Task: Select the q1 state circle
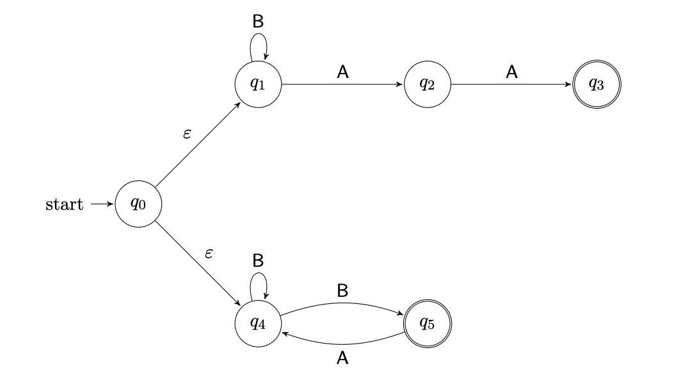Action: [x=258, y=84]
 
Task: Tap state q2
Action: [x=428, y=84]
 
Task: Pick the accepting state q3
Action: [x=597, y=84]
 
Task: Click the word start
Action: [x=65, y=205]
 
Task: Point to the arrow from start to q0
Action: [x=102, y=205]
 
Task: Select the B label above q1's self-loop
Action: [x=258, y=22]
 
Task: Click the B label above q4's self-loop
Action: [x=258, y=261]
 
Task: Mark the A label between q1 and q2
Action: [x=342, y=72]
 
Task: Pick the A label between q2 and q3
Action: [x=512, y=72]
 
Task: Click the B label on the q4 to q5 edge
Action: [x=342, y=291]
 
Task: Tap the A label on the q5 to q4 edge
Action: [x=342, y=360]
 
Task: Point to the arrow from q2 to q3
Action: [x=512, y=84]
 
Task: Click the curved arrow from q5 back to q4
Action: [x=342, y=344]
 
